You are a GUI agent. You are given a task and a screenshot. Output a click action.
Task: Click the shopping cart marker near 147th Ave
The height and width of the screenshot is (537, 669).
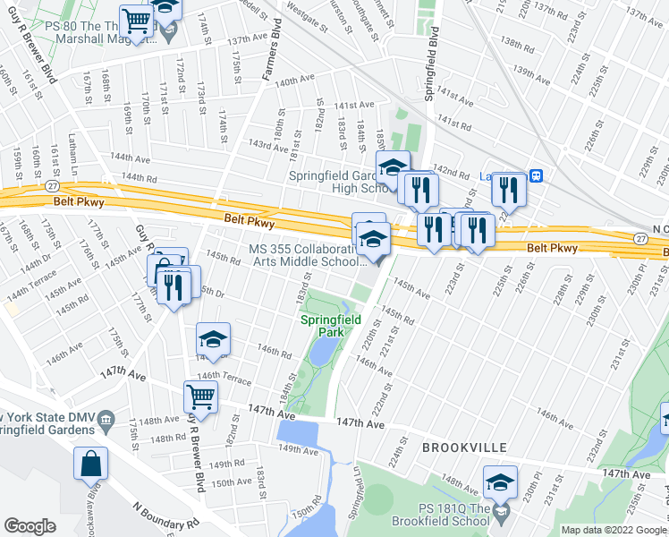tap(200, 396)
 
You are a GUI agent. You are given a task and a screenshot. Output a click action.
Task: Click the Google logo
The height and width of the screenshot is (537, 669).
tap(30, 526)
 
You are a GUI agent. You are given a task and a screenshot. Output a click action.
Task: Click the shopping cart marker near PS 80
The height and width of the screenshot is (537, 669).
tap(136, 21)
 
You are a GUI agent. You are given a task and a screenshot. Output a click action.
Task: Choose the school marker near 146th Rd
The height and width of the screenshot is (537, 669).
tap(214, 339)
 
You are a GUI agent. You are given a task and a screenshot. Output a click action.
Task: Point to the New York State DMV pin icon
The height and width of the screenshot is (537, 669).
tap(106, 419)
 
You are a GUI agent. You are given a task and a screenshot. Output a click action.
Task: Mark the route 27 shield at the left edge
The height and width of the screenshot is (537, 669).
tap(54, 184)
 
